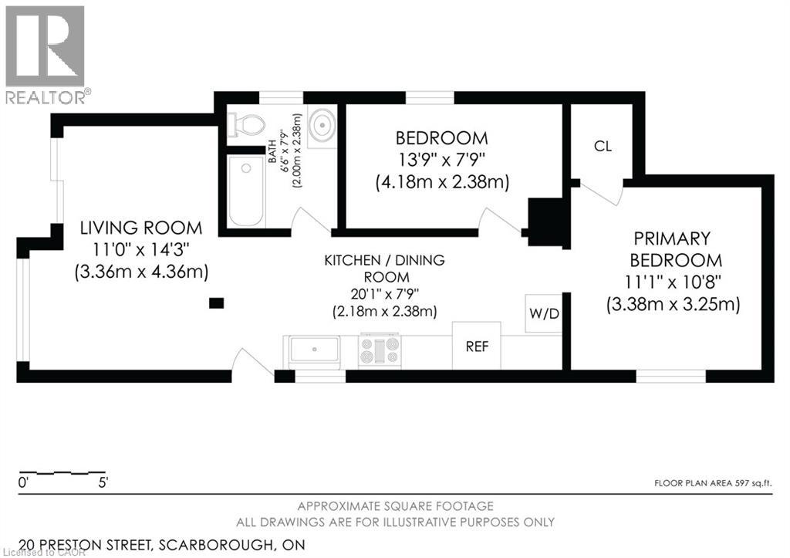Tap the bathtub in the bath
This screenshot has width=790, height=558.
tap(246, 191)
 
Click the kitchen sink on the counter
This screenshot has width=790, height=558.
tap(314, 350)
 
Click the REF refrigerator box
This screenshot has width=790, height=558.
tap(476, 346)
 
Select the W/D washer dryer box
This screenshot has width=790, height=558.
tap(543, 313)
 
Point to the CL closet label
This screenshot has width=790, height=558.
tap(603, 146)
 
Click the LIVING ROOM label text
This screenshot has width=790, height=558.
tap(142, 228)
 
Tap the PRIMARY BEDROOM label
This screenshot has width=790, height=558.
tap(676, 249)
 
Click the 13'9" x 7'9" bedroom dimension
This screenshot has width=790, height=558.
tap(441, 161)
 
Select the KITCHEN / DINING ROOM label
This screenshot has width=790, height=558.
tap(383, 269)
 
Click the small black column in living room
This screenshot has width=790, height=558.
tap(217, 303)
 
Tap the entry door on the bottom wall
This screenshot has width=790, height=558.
tap(252, 365)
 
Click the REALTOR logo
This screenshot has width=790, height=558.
tap(46, 54)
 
